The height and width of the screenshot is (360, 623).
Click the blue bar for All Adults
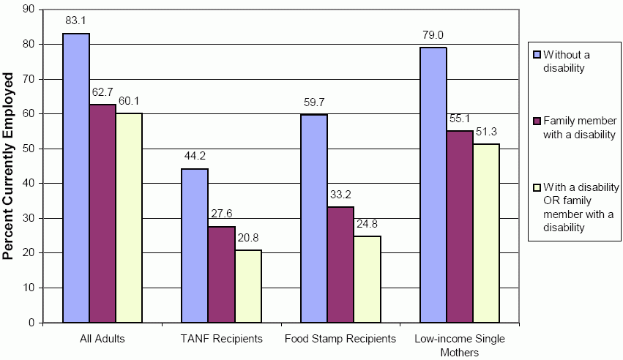(76, 178)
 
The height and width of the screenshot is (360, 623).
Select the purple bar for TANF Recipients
(221, 274)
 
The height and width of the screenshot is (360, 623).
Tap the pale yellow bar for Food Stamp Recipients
(368, 279)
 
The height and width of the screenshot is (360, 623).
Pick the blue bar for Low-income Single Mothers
(433, 184)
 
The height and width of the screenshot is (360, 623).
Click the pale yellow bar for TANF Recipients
(247, 286)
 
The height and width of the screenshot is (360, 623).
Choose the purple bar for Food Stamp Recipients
(341, 264)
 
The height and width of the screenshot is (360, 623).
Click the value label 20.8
(248, 239)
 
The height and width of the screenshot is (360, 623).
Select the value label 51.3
(487, 132)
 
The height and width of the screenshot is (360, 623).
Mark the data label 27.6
(221, 215)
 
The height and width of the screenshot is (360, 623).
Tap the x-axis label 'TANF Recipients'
(221, 340)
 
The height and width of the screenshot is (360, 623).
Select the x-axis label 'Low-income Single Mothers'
(460, 345)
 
